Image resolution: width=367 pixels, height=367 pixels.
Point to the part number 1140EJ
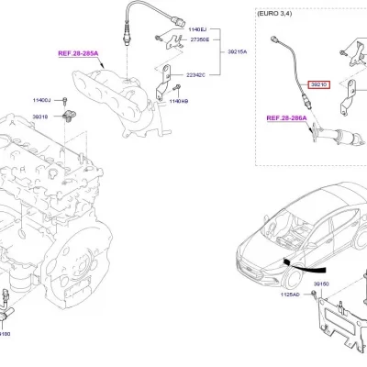tap(198, 31)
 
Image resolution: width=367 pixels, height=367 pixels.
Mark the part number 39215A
tap(237, 52)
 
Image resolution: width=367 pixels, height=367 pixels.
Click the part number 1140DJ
tap(42, 98)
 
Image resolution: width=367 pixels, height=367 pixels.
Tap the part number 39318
tap(40, 117)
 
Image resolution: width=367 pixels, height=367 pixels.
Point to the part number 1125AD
tap(287, 296)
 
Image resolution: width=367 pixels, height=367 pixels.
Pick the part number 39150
tap(321, 285)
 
